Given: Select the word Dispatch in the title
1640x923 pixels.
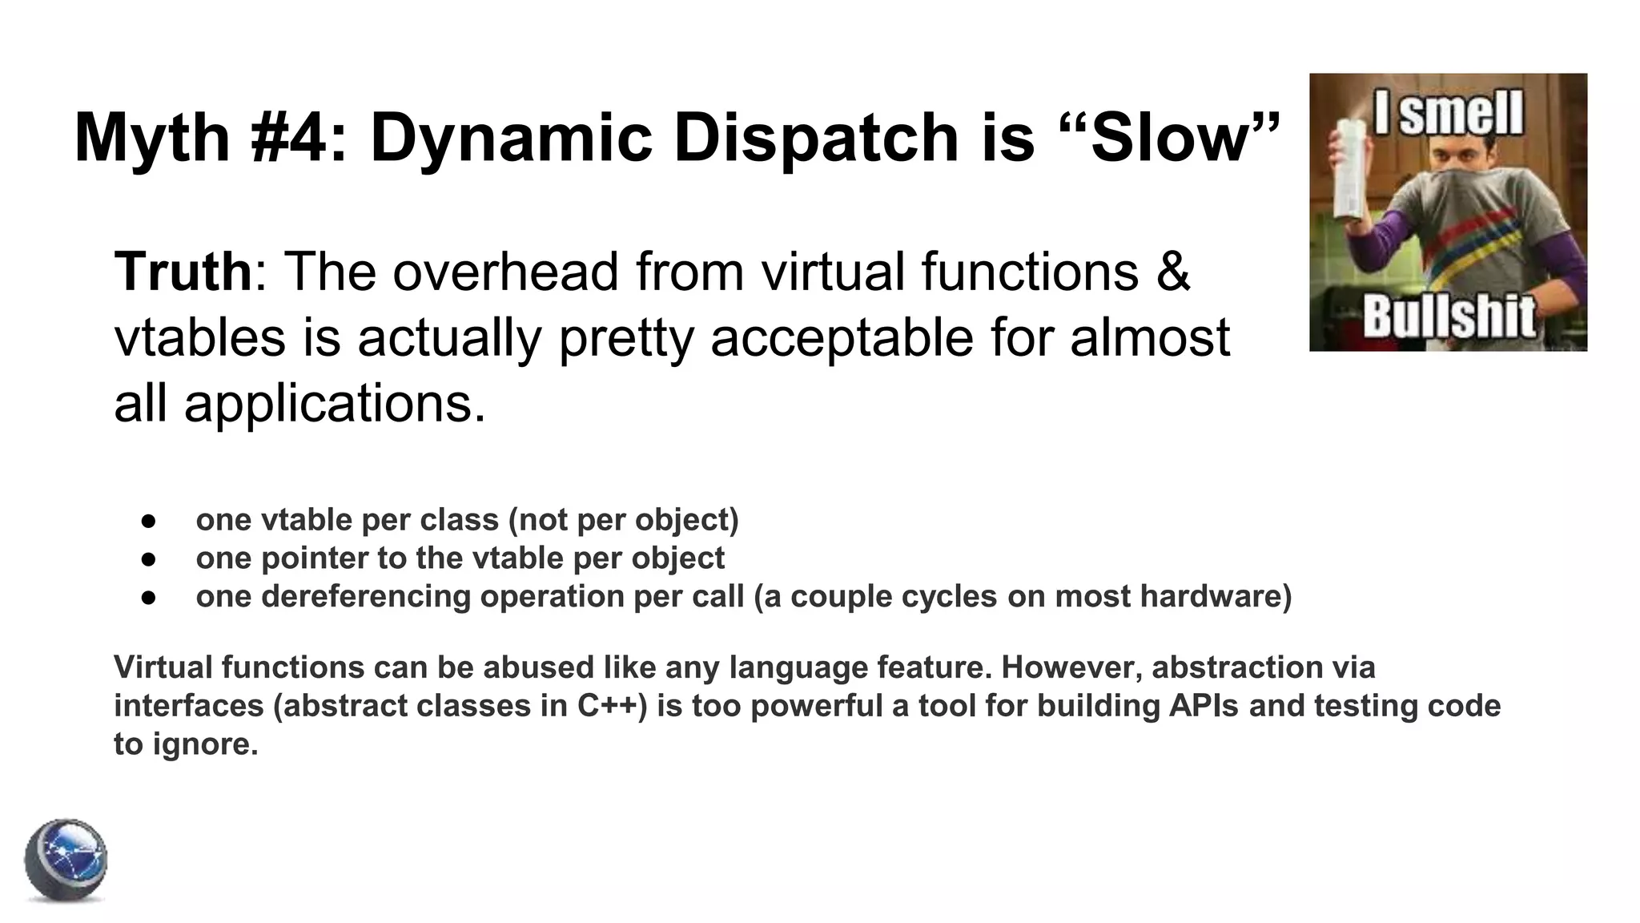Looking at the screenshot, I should click(x=815, y=138).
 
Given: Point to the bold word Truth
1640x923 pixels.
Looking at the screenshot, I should click(x=183, y=272).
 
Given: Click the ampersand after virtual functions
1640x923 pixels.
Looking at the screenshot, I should click(x=1173, y=272).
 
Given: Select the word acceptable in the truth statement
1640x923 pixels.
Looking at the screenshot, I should click(x=842, y=337).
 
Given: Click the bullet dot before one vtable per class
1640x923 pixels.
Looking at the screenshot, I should click(x=147, y=521).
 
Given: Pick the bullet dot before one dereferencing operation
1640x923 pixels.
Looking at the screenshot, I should click(x=147, y=598).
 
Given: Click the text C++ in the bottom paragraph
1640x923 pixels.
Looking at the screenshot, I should click(x=611, y=706).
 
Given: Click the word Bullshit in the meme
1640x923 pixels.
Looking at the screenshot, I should click(x=1449, y=316).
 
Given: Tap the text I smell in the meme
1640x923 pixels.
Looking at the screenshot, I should click(x=1449, y=114).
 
